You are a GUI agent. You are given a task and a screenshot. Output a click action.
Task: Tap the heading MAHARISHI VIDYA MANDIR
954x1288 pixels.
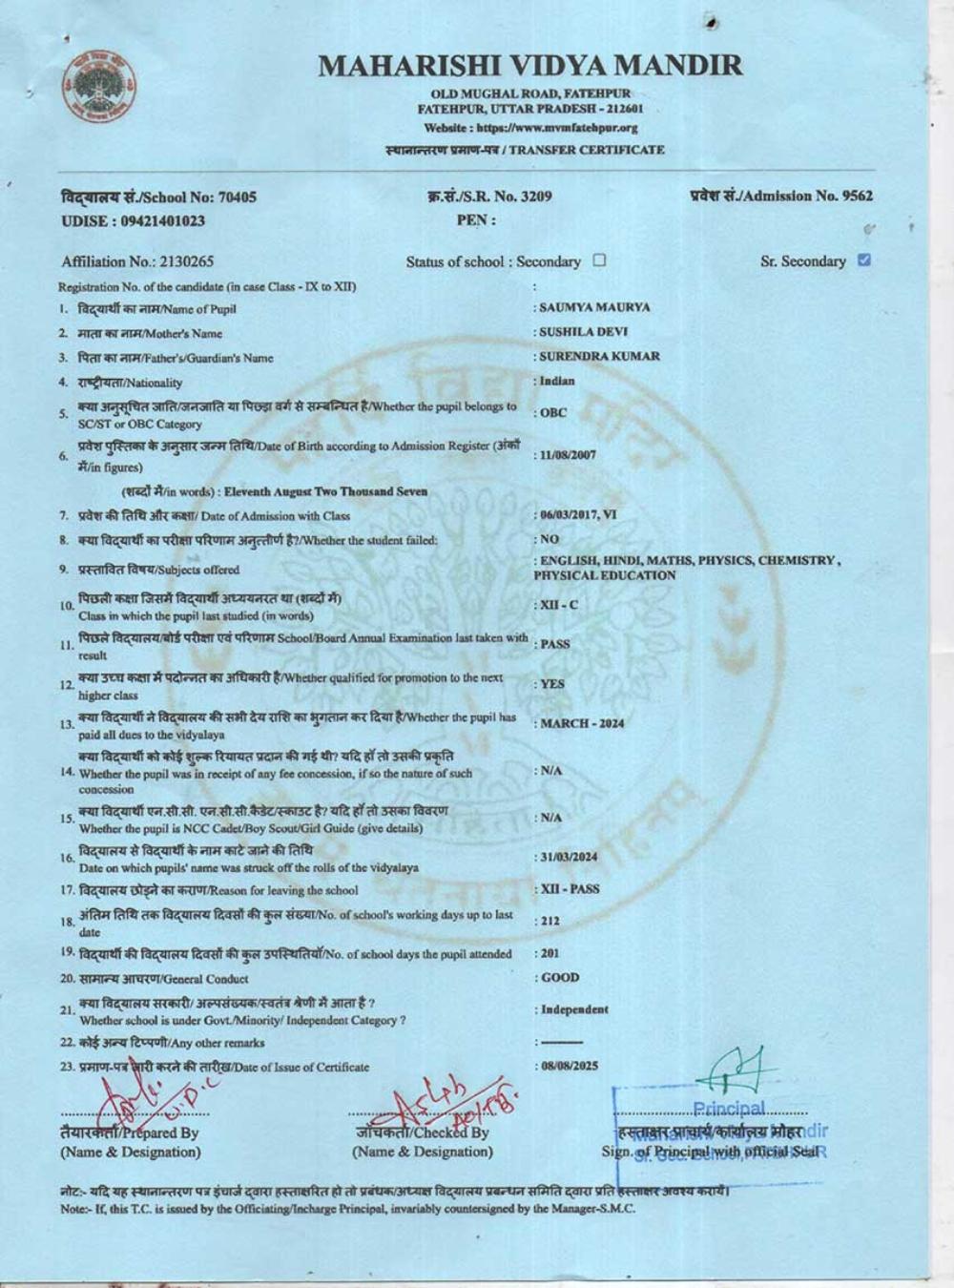coord(529,66)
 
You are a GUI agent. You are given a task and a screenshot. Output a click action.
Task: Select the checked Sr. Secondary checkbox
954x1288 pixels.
coord(864,260)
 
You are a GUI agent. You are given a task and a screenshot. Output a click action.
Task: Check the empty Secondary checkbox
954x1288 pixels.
coord(599,260)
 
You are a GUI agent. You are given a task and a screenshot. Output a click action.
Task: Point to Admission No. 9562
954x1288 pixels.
coord(780,197)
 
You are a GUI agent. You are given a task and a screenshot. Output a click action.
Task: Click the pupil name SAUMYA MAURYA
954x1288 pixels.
coord(594,308)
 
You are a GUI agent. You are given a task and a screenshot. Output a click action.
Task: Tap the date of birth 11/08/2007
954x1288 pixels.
coord(568,455)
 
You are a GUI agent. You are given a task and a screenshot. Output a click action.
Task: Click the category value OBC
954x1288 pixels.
coord(553,413)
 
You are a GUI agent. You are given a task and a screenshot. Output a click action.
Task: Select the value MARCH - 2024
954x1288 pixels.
coord(582,723)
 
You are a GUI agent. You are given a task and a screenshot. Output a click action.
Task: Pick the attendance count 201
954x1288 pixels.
coord(550,953)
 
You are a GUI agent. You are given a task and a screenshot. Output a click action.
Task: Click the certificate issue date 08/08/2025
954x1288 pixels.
coord(569,1066)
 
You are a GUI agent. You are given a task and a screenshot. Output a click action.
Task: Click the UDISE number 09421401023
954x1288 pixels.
coord(162,221)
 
